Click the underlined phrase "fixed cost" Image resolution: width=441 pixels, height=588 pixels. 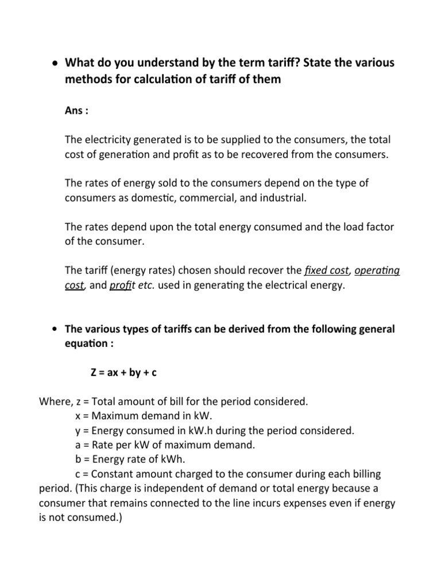coord(326,270)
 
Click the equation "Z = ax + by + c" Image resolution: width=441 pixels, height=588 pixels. coord(123,373)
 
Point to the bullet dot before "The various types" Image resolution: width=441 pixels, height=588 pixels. coord(53,329)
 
